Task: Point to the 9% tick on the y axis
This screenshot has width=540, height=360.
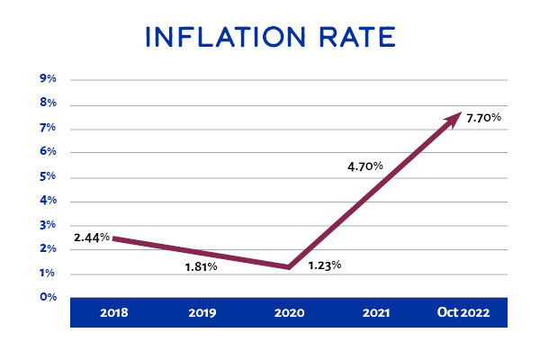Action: (x=49, y=79)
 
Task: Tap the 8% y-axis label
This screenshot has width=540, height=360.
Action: (x=49, y=103)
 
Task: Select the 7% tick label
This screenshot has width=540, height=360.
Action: (x=49, y=128)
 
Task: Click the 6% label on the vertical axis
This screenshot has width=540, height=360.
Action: (x=49, y=152)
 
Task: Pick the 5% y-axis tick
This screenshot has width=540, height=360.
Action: (x=49, y=176)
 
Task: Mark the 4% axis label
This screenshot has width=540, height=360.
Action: (x=49, y=200)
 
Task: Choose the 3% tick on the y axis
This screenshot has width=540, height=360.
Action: (x=49, y=224)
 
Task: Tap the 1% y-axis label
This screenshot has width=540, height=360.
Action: (x=49, y=273)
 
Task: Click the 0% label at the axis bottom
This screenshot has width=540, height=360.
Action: (x=49, y=296)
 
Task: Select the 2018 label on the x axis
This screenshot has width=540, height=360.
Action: (x=114, y=313)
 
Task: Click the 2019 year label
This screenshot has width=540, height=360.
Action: (x=202, y=313)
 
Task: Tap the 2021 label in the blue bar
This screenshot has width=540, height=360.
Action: (x=376, y=313)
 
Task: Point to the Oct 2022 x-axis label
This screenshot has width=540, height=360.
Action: (x=463, y=313)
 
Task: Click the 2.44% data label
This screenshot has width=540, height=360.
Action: (x=93, y=238)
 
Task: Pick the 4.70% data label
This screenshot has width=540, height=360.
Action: (x=365, y=166)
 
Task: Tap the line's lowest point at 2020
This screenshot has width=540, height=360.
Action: (x=288, y=266)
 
